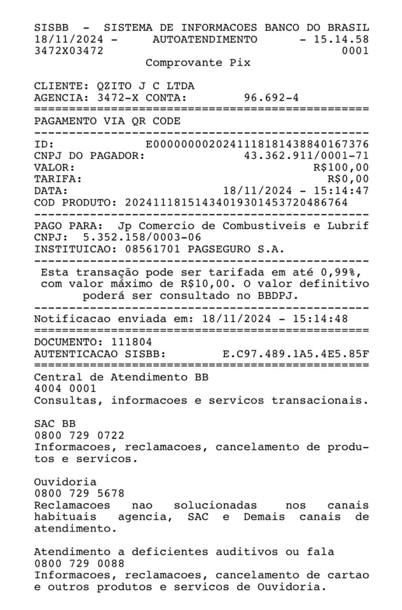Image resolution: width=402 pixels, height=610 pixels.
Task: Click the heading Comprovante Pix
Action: click(198, 62)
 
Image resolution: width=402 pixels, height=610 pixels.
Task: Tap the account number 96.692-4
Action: click(271, 98)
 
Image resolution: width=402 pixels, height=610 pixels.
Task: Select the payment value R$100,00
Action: click(340, 167)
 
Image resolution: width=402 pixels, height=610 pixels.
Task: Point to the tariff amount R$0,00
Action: click(348, 179)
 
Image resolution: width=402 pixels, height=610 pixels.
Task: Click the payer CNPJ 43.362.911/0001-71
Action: click(306, 156)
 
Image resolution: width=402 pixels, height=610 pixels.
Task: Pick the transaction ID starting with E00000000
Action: click(257, 144)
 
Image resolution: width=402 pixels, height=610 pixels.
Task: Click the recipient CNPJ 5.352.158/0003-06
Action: click(142, 237)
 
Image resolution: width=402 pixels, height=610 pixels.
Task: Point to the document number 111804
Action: click(132, 342)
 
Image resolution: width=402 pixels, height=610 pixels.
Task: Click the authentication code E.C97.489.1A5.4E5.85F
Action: click(296, 354)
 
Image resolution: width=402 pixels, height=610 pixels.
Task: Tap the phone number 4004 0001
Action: click(65, 389)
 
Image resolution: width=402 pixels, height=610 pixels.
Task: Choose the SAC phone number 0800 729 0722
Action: click(79, 435)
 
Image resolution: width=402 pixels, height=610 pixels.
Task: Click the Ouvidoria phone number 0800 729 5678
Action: click(79, 493)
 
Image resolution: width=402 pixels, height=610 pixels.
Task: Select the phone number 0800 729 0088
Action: click(79, 563)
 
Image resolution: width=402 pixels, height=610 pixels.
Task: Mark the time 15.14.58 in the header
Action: click(341, 39)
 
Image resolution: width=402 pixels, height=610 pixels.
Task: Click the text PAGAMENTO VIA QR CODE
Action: click(107, 122)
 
